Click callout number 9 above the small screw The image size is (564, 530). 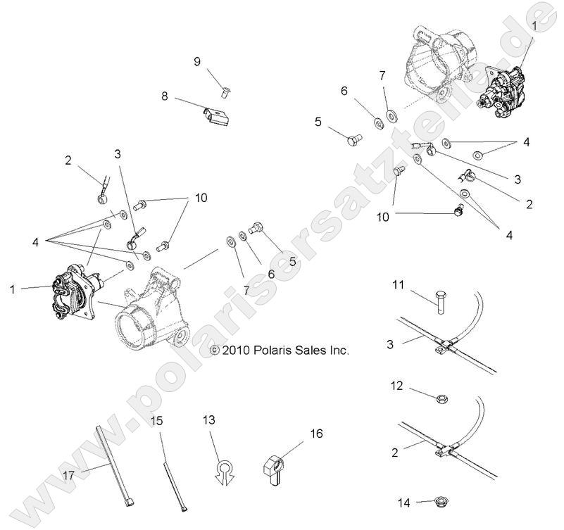pyautogui.click(x=197, y=62)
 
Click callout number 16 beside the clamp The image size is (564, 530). pyautogui.click(x=316, y=434)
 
